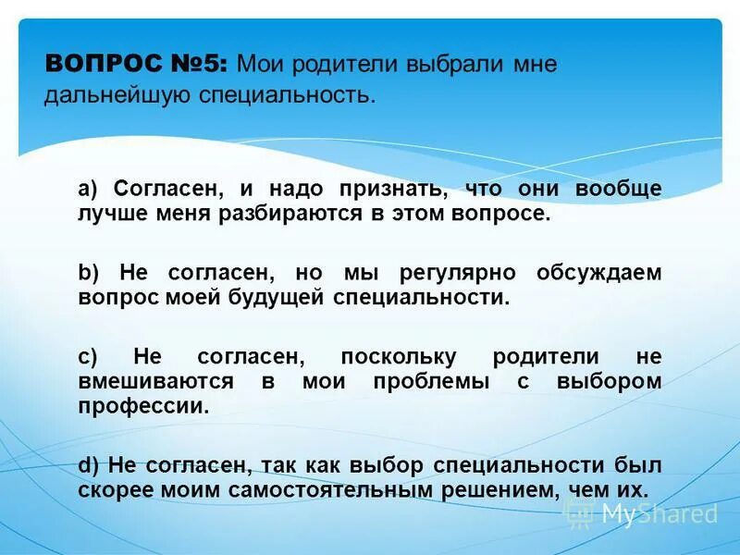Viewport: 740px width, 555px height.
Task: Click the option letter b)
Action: tap(89, 273)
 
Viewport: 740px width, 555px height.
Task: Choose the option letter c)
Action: tap(88, 357)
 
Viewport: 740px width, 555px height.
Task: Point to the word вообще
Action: tap(619, 190)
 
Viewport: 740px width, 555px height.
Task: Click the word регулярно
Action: tap(462, 273)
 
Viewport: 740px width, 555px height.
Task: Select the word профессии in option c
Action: tap(142, 405)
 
